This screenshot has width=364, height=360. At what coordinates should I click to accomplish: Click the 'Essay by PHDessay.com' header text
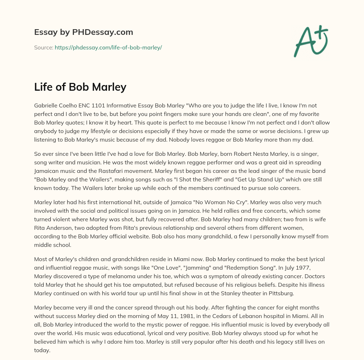click(x=84, y=32)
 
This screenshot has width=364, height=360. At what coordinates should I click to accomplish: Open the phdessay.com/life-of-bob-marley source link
click(x=108, y=47)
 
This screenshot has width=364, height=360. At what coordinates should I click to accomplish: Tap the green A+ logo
click(x=311, y=41)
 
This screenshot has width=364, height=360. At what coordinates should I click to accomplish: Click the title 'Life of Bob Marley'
click(x=80, y=87)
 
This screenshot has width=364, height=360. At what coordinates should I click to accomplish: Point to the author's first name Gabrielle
click(x=47, y=106)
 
